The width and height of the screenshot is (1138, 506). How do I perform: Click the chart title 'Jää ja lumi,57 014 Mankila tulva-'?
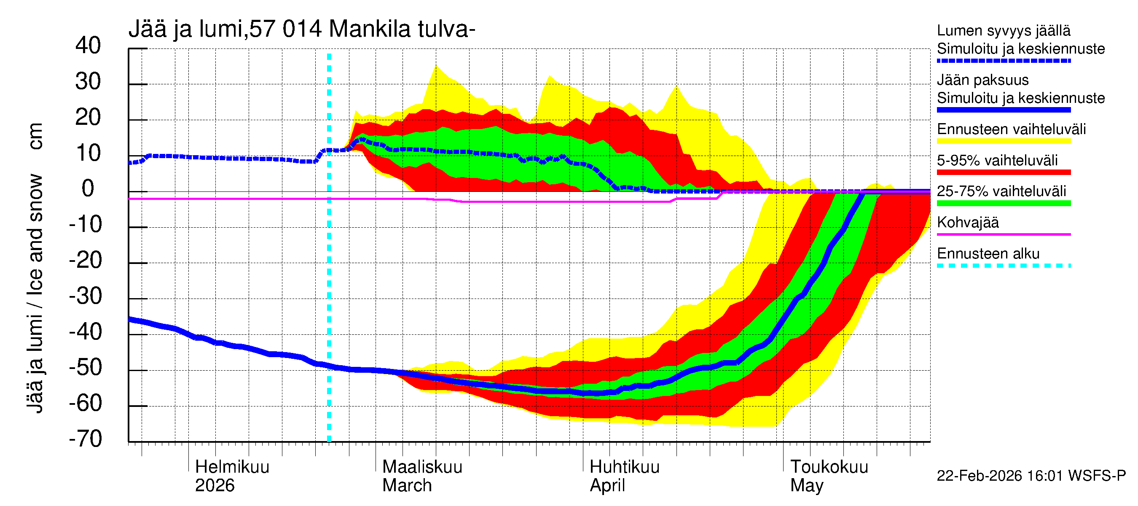(x=302, y=29)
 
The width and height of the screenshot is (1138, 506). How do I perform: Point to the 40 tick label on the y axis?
(x=88, y=46)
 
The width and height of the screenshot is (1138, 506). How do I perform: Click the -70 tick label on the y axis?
(x=85, y=439)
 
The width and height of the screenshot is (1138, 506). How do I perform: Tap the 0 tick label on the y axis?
(x=88, y=189)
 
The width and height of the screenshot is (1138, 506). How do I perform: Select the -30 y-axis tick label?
(x=85, y=296)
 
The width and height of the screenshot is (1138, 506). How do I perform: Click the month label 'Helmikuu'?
(x=232, y=467)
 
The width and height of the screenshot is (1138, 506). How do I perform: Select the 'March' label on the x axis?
(x=407, y=486)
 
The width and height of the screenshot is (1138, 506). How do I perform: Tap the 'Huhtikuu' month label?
(x=624, y=467)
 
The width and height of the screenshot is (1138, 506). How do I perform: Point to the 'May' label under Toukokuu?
(x=807, y=486)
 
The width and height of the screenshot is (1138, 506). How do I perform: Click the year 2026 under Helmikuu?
(x=215, y=486)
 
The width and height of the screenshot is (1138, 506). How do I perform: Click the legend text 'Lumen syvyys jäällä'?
(x=1003, y=31)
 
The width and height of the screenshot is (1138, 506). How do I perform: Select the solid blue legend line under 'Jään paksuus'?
(x=1003, y=110)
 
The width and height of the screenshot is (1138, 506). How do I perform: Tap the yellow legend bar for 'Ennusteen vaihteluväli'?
(x=1003, y=141)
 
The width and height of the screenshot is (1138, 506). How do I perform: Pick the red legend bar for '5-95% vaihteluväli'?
(x=1003, y=172)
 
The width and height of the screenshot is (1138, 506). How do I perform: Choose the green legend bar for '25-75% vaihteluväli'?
(x=1003, y=203)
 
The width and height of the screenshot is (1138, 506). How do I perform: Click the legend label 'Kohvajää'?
(x=967, y=223)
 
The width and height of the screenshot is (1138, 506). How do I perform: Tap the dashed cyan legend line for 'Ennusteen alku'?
(x=1003, y=266)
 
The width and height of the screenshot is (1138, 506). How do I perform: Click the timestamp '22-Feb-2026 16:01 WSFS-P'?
(x=1031, y=476)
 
